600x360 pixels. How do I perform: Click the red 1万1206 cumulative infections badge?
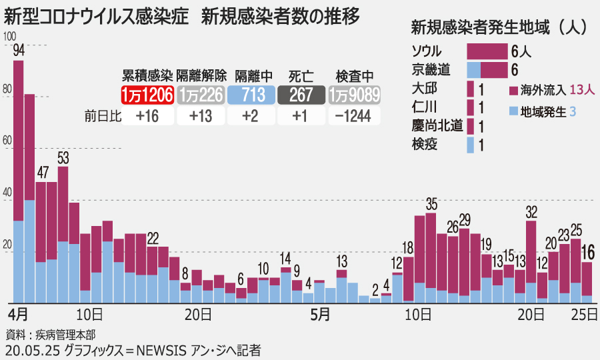click(147, 95)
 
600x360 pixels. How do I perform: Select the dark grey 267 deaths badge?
click(301, 95)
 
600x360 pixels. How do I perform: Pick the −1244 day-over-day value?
click(354, 116)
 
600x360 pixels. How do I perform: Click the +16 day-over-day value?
click(147, 116)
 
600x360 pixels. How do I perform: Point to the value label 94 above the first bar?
click(19, 51)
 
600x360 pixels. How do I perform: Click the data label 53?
click(63, 158)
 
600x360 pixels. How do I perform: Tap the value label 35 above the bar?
click(431, 203)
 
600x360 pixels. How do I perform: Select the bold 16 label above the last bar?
click(588, 251)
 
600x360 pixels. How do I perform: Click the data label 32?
click(531, 212)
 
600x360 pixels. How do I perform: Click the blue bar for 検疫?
click(471, 144)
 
